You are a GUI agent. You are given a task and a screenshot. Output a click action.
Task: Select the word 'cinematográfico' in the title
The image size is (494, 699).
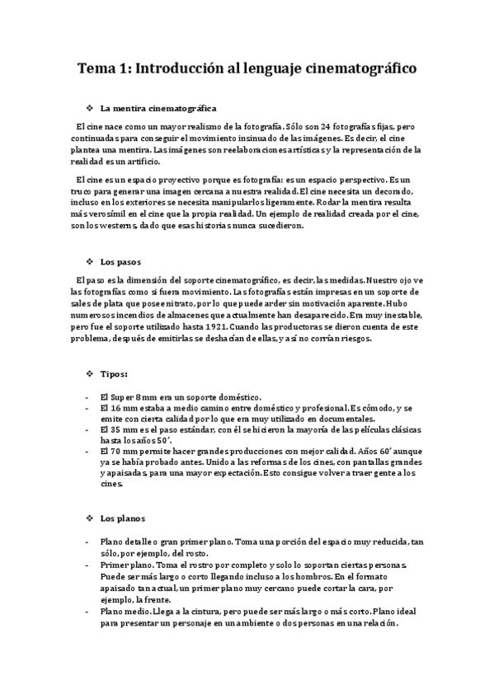[x=358, y=69]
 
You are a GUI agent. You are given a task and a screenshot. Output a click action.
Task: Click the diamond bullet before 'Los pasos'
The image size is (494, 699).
[x=88, y=262]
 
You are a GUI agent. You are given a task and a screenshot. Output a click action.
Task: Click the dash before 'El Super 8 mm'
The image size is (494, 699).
[x=87, y=396]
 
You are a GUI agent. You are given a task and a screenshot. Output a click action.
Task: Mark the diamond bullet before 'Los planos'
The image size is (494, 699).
[x=88, y=518]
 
